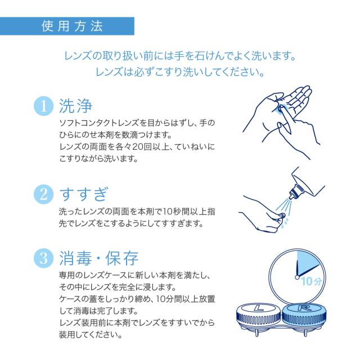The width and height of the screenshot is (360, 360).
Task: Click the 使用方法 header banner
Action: pos(67,26)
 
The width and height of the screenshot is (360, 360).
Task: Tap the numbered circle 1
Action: pos(44,106)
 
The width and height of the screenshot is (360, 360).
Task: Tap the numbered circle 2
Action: pos(44,194)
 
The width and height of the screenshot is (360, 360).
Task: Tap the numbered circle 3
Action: pos(44,258)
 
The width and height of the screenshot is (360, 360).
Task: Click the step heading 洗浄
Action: pos(75,106)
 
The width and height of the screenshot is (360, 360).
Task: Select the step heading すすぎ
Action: pos(83,194)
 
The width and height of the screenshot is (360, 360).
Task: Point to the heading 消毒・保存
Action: pos(99,258)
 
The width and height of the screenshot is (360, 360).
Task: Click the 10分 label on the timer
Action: pos(311,281)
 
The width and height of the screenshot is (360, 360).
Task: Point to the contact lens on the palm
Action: pos(280,109)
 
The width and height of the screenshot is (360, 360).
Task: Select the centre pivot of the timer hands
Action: pos(297,277)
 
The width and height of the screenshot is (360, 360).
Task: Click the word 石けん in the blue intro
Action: pos(210,56)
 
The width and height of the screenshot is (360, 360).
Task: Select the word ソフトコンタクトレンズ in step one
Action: pos(99,123)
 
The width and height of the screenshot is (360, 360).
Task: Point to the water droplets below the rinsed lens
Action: pos(285,222)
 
